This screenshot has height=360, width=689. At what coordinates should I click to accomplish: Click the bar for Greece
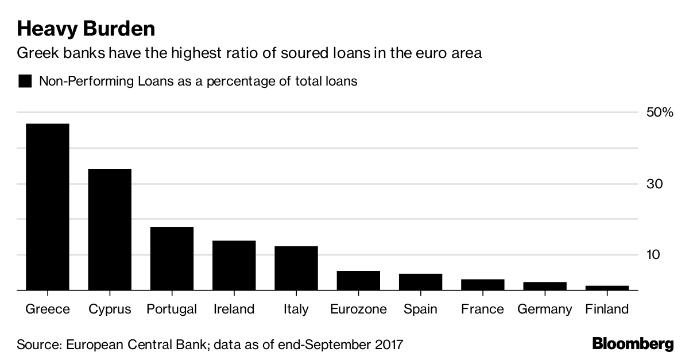click(x=47, y=207)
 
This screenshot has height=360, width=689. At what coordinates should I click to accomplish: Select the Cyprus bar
click(x=110, y=230)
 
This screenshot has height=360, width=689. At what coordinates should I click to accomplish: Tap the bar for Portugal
click(x=172, y=258)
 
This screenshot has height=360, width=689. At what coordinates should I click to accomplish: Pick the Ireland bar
click(x=234, y=265)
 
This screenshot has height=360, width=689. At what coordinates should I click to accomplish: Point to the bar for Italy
click(x=296, y=268)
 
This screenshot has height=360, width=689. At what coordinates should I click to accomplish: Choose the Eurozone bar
click(x=358, y=281)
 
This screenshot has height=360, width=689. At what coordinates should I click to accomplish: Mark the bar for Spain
click(x=420, y=282)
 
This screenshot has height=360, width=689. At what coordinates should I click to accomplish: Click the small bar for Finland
click(x=607, y=288)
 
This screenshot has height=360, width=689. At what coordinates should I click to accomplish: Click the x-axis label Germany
click(x=544, y=309)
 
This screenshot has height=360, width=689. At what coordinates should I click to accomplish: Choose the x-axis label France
click(x=482, y=309)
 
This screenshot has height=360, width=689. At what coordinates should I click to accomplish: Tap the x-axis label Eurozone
click(x=358, y=309)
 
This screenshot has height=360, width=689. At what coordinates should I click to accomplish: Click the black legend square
click(x=25, y=81)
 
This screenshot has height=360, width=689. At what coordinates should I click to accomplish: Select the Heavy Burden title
click(x=86, y=28)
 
